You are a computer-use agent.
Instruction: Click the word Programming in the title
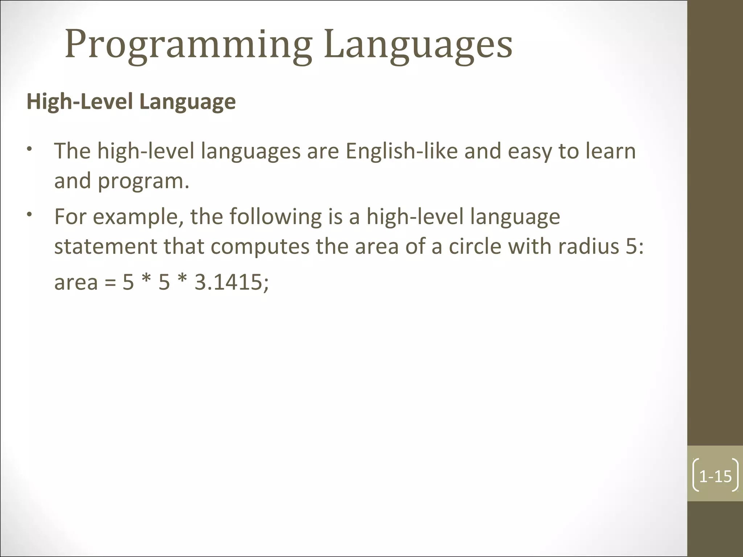pos(188,45)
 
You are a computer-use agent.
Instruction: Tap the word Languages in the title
pos(418,45)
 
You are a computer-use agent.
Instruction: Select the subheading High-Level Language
pos(131,102)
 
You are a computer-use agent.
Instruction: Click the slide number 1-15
pos(715,476)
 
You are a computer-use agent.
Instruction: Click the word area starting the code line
pos(76,283)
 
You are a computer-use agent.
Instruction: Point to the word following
pos(275,217)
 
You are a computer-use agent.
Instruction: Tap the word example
pos(137,217)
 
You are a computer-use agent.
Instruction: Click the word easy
pos(529,152)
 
